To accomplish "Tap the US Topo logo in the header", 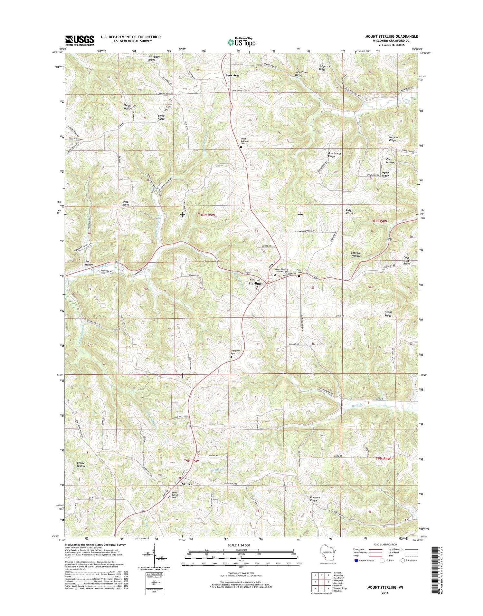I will coord(241,42).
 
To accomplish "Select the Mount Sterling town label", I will coord(254,282).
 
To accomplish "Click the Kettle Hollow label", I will coord(81,465).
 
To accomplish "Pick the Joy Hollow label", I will coord(89,263).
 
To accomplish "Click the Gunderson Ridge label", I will coord(334,155).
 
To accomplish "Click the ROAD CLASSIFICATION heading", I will coord(385,544).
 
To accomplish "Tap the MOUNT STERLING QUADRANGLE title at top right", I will coord(391,36).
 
